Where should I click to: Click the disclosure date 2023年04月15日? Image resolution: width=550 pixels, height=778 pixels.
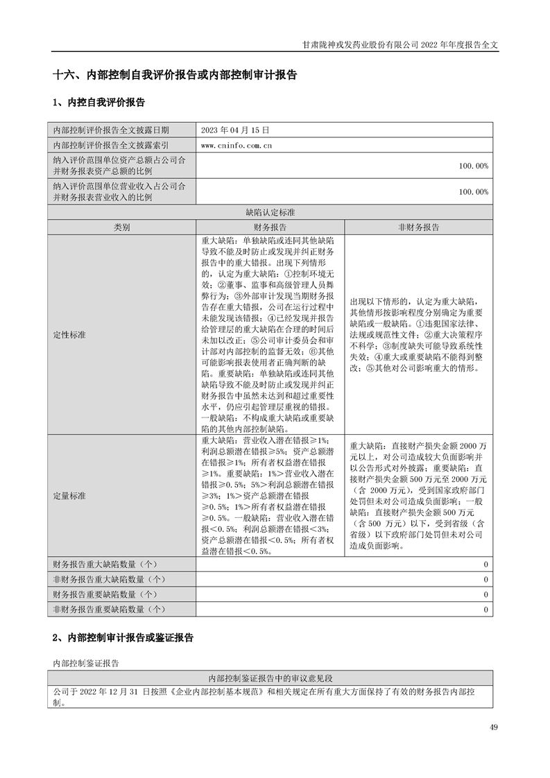click(x=229, y=130)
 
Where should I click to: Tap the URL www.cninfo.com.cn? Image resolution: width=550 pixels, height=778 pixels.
click(x=235, y=146)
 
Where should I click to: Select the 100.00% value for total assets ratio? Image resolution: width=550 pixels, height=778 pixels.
click(x=474, y=166)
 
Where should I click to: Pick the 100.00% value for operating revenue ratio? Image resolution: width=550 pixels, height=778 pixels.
click(x=474, y=192)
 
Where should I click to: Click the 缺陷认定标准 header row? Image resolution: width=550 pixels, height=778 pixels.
click(x=270, y=213)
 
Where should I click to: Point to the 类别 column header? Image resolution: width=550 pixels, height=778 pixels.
click(x=122, y=227)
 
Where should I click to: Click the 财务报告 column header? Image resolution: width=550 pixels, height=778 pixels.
click(x=270, y=227)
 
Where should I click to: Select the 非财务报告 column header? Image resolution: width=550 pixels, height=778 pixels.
click(x=418, y=227)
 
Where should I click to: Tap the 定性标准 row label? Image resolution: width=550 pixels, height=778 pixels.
click(x=69, y=335)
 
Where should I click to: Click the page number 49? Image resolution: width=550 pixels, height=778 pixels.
click(x=493, y=727)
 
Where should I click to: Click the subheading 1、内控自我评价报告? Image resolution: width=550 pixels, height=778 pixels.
click(x=98, y=103)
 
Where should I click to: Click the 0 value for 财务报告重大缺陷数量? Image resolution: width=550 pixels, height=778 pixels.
click(x=486, y=565)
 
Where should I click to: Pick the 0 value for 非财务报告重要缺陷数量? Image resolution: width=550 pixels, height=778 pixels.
click(x=486, y=610)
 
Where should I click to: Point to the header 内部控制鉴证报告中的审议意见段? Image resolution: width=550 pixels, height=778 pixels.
click(x=270, y=677)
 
